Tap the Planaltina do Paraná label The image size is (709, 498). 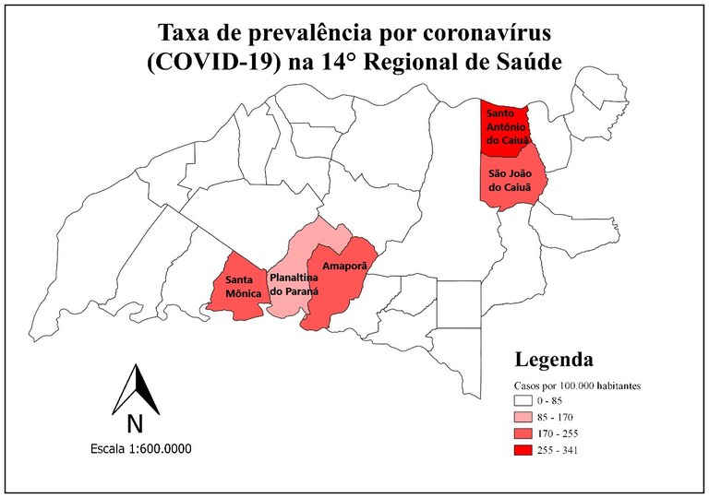click(294, 283)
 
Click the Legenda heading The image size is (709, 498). click(553, 359)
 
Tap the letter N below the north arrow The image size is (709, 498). click(135, 424)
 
